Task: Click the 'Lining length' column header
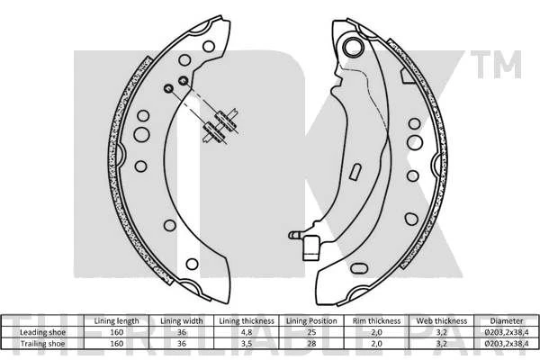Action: tap(116, 321)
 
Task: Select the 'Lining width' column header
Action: tap(182, 321)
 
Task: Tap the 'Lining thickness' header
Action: tap(247, 321)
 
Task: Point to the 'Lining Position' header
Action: tap(311, 321)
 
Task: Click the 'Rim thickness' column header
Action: tap(376, 321)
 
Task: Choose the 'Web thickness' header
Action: tap(442, 321)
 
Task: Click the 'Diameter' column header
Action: tap(506, 321)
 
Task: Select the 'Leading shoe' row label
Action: tap(42, 332)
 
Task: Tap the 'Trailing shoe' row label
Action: tap(42, 344)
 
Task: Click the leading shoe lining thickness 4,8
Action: tap(247, 332)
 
